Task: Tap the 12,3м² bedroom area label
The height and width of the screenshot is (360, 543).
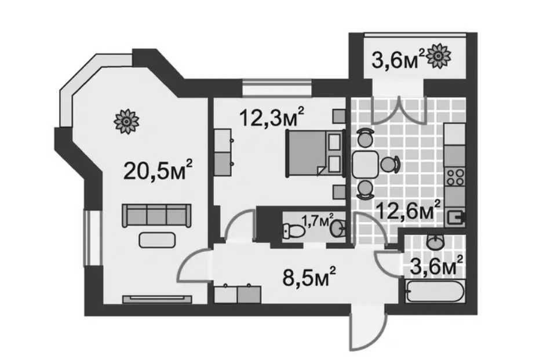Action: (x=272, y=117)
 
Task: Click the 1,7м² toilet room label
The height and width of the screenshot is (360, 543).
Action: (x=318, y=220)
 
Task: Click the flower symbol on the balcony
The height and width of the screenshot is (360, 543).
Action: (x=439, y=56)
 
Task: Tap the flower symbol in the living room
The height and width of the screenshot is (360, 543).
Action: (x=127, y=121)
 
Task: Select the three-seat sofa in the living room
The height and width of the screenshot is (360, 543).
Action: (x=156, y=215)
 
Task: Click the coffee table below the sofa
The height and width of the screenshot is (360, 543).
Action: (x=157, y=240)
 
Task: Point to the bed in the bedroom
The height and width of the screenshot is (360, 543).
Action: (x=315, y=153)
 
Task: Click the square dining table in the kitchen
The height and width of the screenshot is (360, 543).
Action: (x=365, y=165)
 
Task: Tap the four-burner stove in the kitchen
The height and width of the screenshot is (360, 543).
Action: (x=455, y=177)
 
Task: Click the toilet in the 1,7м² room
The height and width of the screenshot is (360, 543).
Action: (x=293, y=230)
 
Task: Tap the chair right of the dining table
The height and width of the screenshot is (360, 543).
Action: (x=390, y=164)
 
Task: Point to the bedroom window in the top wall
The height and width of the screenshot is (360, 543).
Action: (x=276, y=87)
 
